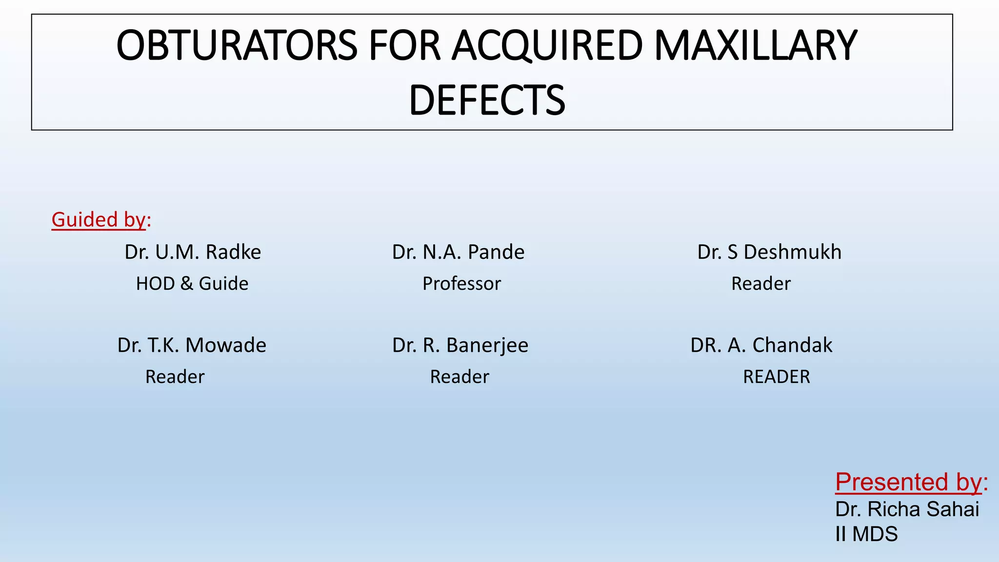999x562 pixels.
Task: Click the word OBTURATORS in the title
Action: pyautogui.click(x=237, y=45)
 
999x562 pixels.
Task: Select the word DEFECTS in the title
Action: pyautogui.click(x=487, y=100)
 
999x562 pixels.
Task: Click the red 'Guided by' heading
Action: pyautogui.click(x=99, y=220)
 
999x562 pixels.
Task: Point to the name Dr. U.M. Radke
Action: pyautogui.click(x=193, y=252)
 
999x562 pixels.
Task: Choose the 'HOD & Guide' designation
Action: pyautogui.click(x=192, y=283)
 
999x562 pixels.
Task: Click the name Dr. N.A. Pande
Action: pyautogui.click(x=458, y=252)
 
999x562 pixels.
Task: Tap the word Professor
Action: pyautogui.click(x=461, y=283)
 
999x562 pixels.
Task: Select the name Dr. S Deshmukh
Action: pyautogui.click(x=769, y=252)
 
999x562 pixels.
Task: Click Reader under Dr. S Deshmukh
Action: pyautogui.click(x=760, y=283)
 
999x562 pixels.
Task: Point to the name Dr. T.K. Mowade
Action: pyautogui.click(x=192, y=345)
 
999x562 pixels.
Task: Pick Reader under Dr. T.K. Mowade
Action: pyautogui.click(x=175, y=377)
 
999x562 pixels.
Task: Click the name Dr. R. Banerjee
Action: pyautogui.click(x=460, y=345)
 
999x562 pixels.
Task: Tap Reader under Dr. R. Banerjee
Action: pyautogui.click(x=459, y=377)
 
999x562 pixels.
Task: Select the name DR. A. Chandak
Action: pyautogui.click(x=761, y=345)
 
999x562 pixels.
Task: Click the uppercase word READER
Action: pyautogui.click(x=776, y=377)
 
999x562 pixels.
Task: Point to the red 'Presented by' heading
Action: pyautogui.click(x=908, y=482)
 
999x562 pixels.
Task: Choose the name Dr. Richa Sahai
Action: pyautogui.click(x=907, y=509)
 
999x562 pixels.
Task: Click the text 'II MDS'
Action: pyautogui.click(x=866, y=534)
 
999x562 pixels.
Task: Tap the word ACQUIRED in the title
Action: pyautogui.click(x=547, y=45)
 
